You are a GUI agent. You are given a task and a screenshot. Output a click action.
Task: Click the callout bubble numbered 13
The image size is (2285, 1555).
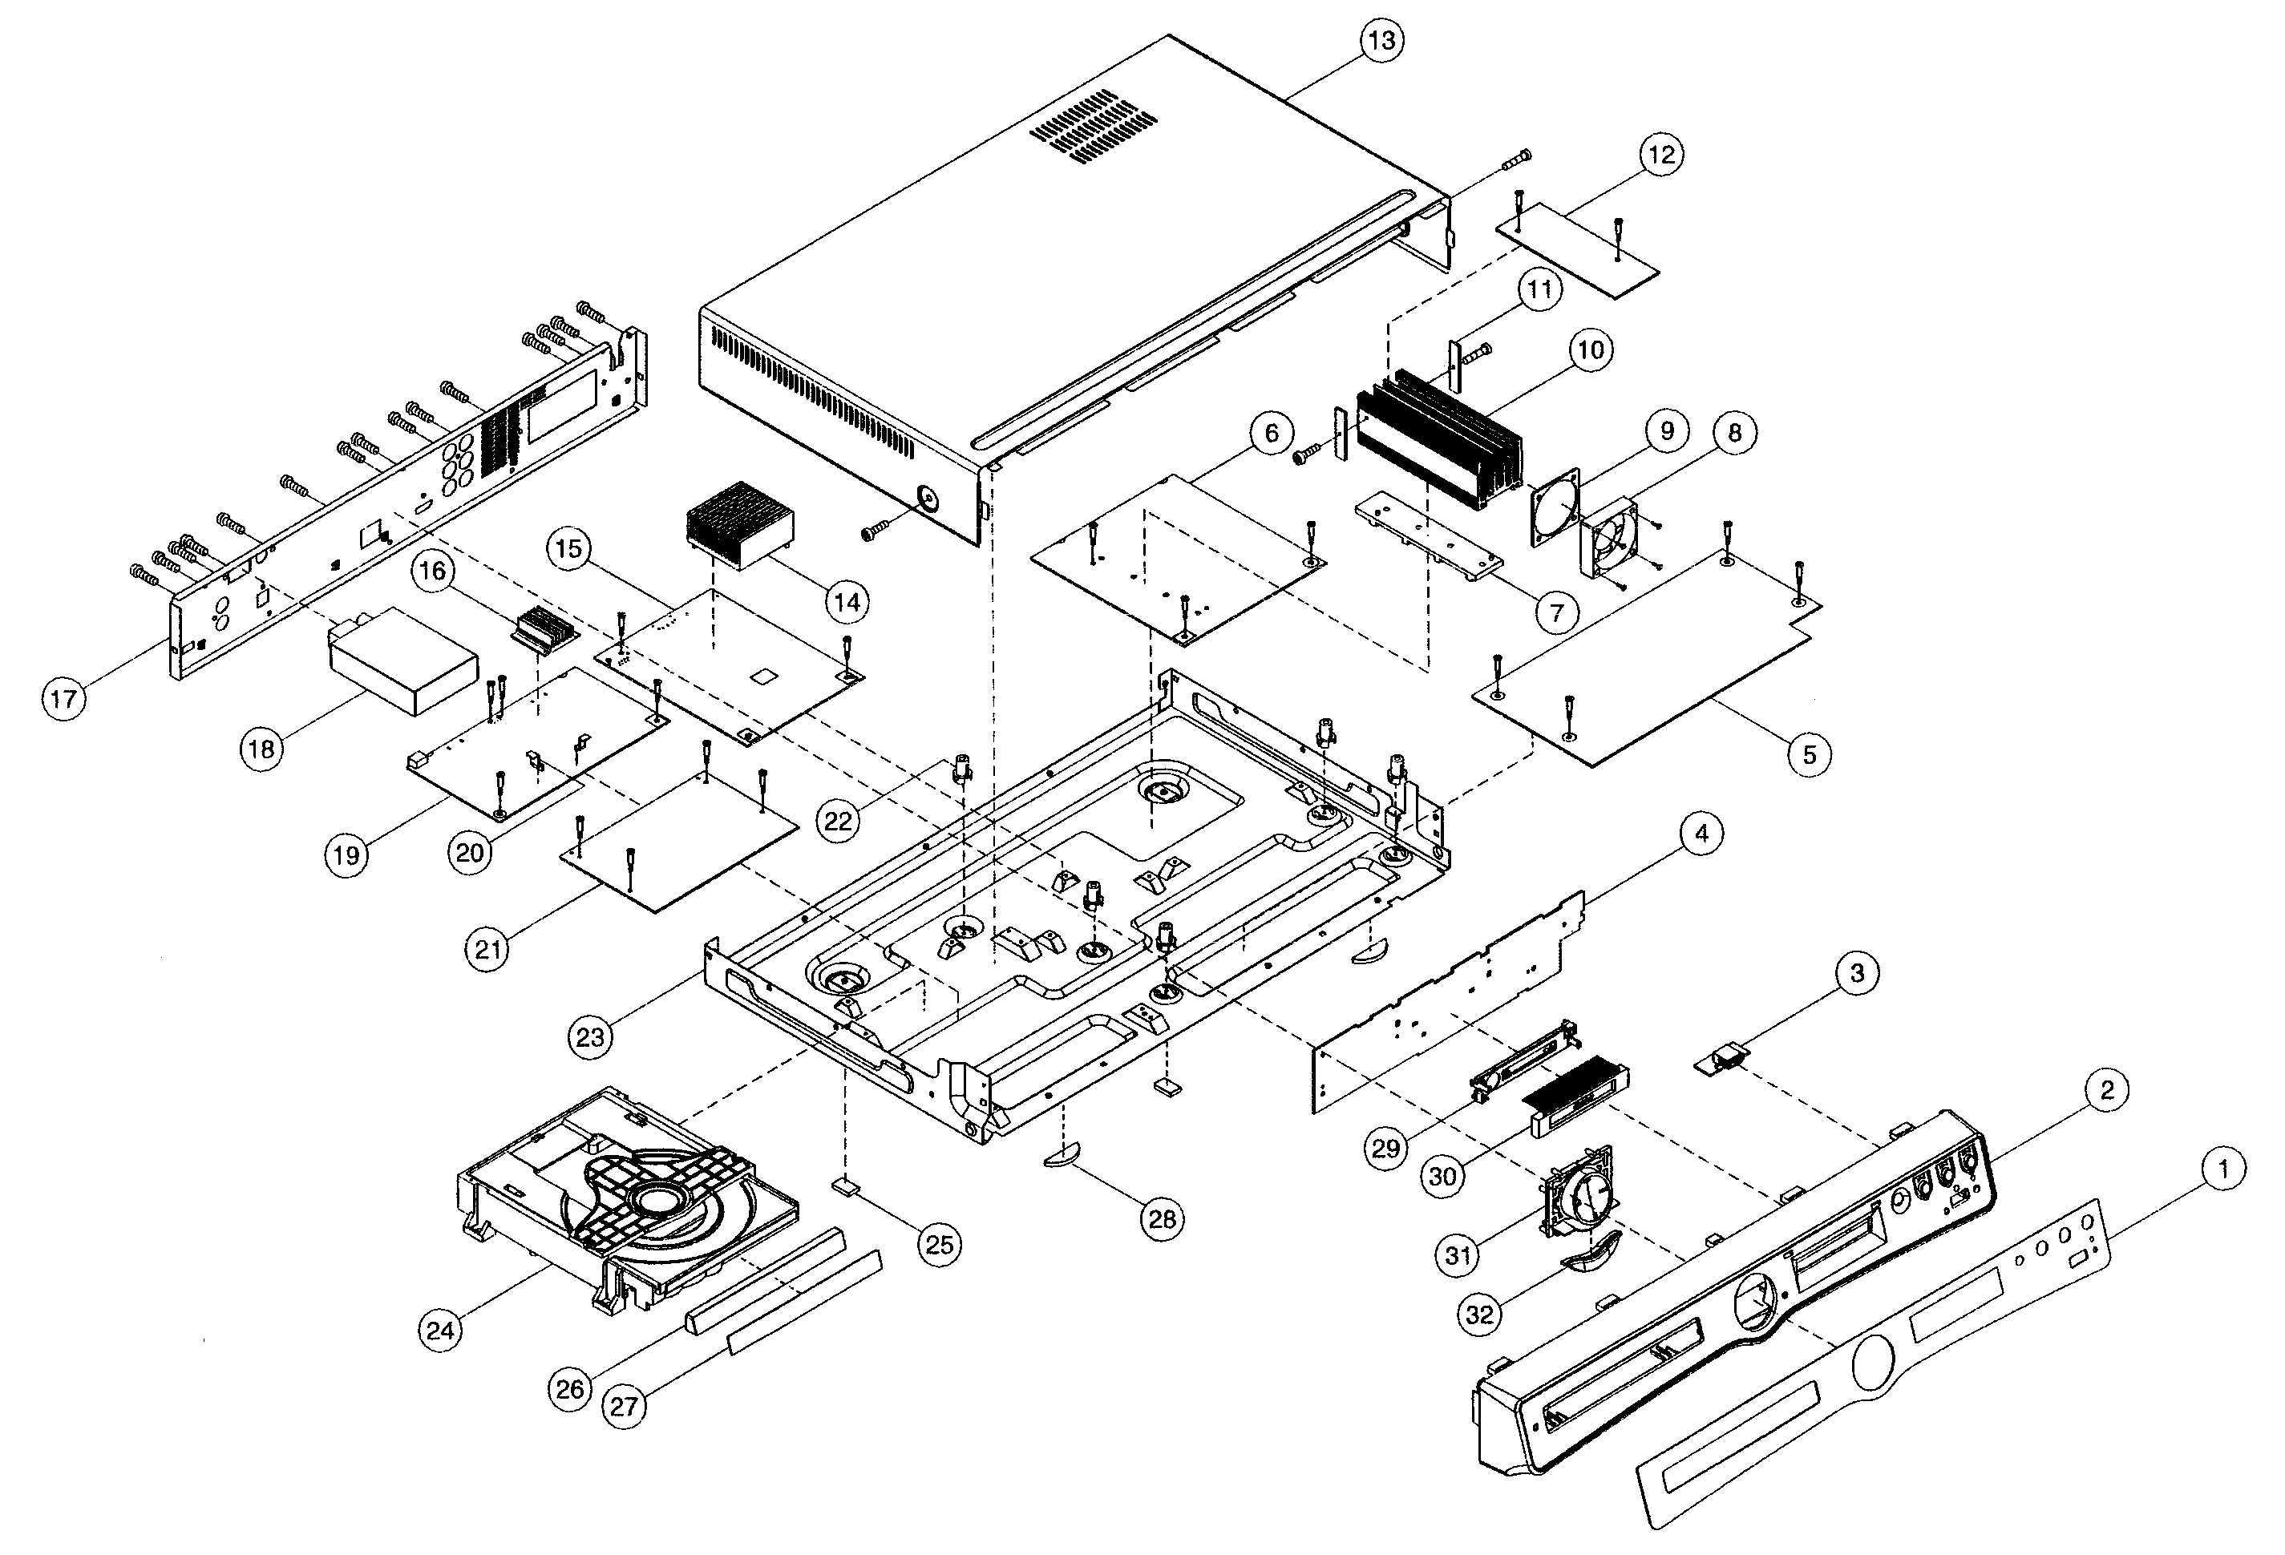tap(1381, 42)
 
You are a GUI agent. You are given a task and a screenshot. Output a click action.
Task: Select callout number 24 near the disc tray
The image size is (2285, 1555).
tap(440, 1330)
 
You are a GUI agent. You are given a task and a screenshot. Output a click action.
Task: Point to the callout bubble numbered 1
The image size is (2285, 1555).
tap(2224, 1169)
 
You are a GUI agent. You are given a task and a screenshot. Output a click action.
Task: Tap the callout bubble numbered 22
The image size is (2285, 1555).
tap(838, 820)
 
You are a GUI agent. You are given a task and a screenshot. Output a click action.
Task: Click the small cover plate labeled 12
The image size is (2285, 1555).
tap(1577, 252)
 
